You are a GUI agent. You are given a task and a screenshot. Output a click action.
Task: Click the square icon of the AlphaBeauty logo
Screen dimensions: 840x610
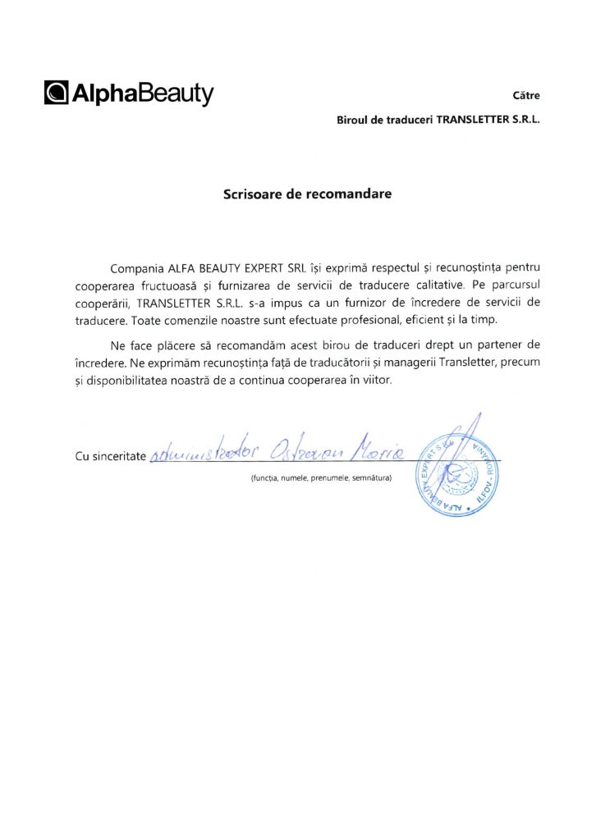[x=57, y=94]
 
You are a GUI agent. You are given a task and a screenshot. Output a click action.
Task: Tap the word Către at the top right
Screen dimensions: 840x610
[x=526, y=95]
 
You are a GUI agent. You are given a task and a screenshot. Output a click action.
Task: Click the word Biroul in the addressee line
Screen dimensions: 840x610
[x=354, y=120]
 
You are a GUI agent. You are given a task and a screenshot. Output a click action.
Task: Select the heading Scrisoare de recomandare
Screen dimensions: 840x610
[x=308, y=194]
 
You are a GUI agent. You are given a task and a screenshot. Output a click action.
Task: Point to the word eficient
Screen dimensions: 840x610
[x=428, y=319]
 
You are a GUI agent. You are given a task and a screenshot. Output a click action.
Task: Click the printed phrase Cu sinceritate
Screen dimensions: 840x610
[x=110, y=456]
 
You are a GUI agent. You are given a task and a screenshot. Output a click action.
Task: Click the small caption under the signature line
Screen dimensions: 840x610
[x=322, y=477]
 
